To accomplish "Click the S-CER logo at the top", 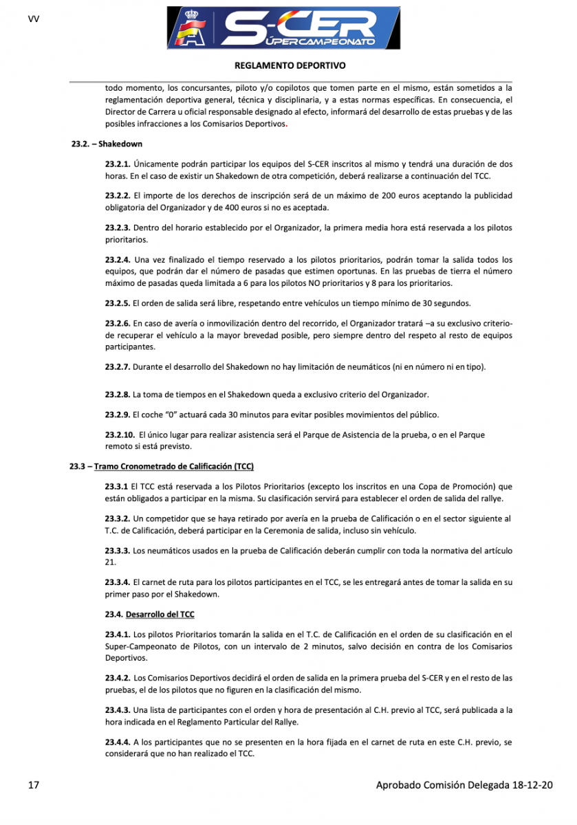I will pyautogui.click(x=284, y=29).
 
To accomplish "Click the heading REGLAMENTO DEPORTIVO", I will pyautogui.click(x=290, y=66).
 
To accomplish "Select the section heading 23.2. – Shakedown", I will pyautogui.click(x=107, y=145).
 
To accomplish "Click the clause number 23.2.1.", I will pyautogui.click(x=118, y=164).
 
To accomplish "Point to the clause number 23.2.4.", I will pyautogui.click(x=118, y=260).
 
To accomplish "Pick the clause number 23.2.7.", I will pyautogui.click(x=118, y=367).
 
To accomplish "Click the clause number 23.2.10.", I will pyautogui.click(x=120, y=434).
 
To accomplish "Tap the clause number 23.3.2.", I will pyautogui.click(x=118, y=518).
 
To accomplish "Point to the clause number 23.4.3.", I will pyautogui.click(x=118, y=709).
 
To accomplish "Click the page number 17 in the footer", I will pyautogui.click(x=34, y=785).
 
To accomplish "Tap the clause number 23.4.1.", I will pyautogui.click(x=118, y=634).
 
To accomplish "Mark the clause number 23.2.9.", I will pyautogui.click(x=118, y=415).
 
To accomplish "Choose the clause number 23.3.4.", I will pyautogui.click(x=118, y=582).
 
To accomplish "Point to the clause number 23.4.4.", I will pyautogui.click(x=118, y=742).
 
